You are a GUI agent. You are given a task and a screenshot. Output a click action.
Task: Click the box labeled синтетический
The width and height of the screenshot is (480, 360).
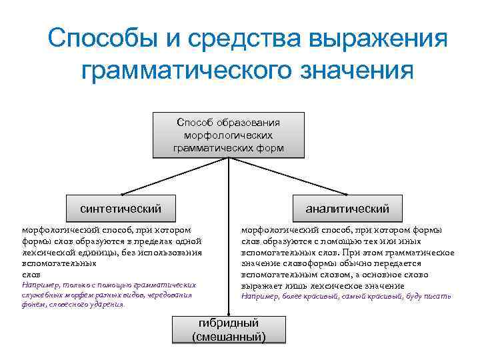(121, 208)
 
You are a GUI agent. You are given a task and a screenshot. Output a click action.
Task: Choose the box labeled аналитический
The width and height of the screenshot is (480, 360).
(347, 208)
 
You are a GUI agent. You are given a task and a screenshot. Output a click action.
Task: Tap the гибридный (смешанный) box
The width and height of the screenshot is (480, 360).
(229, 330)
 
